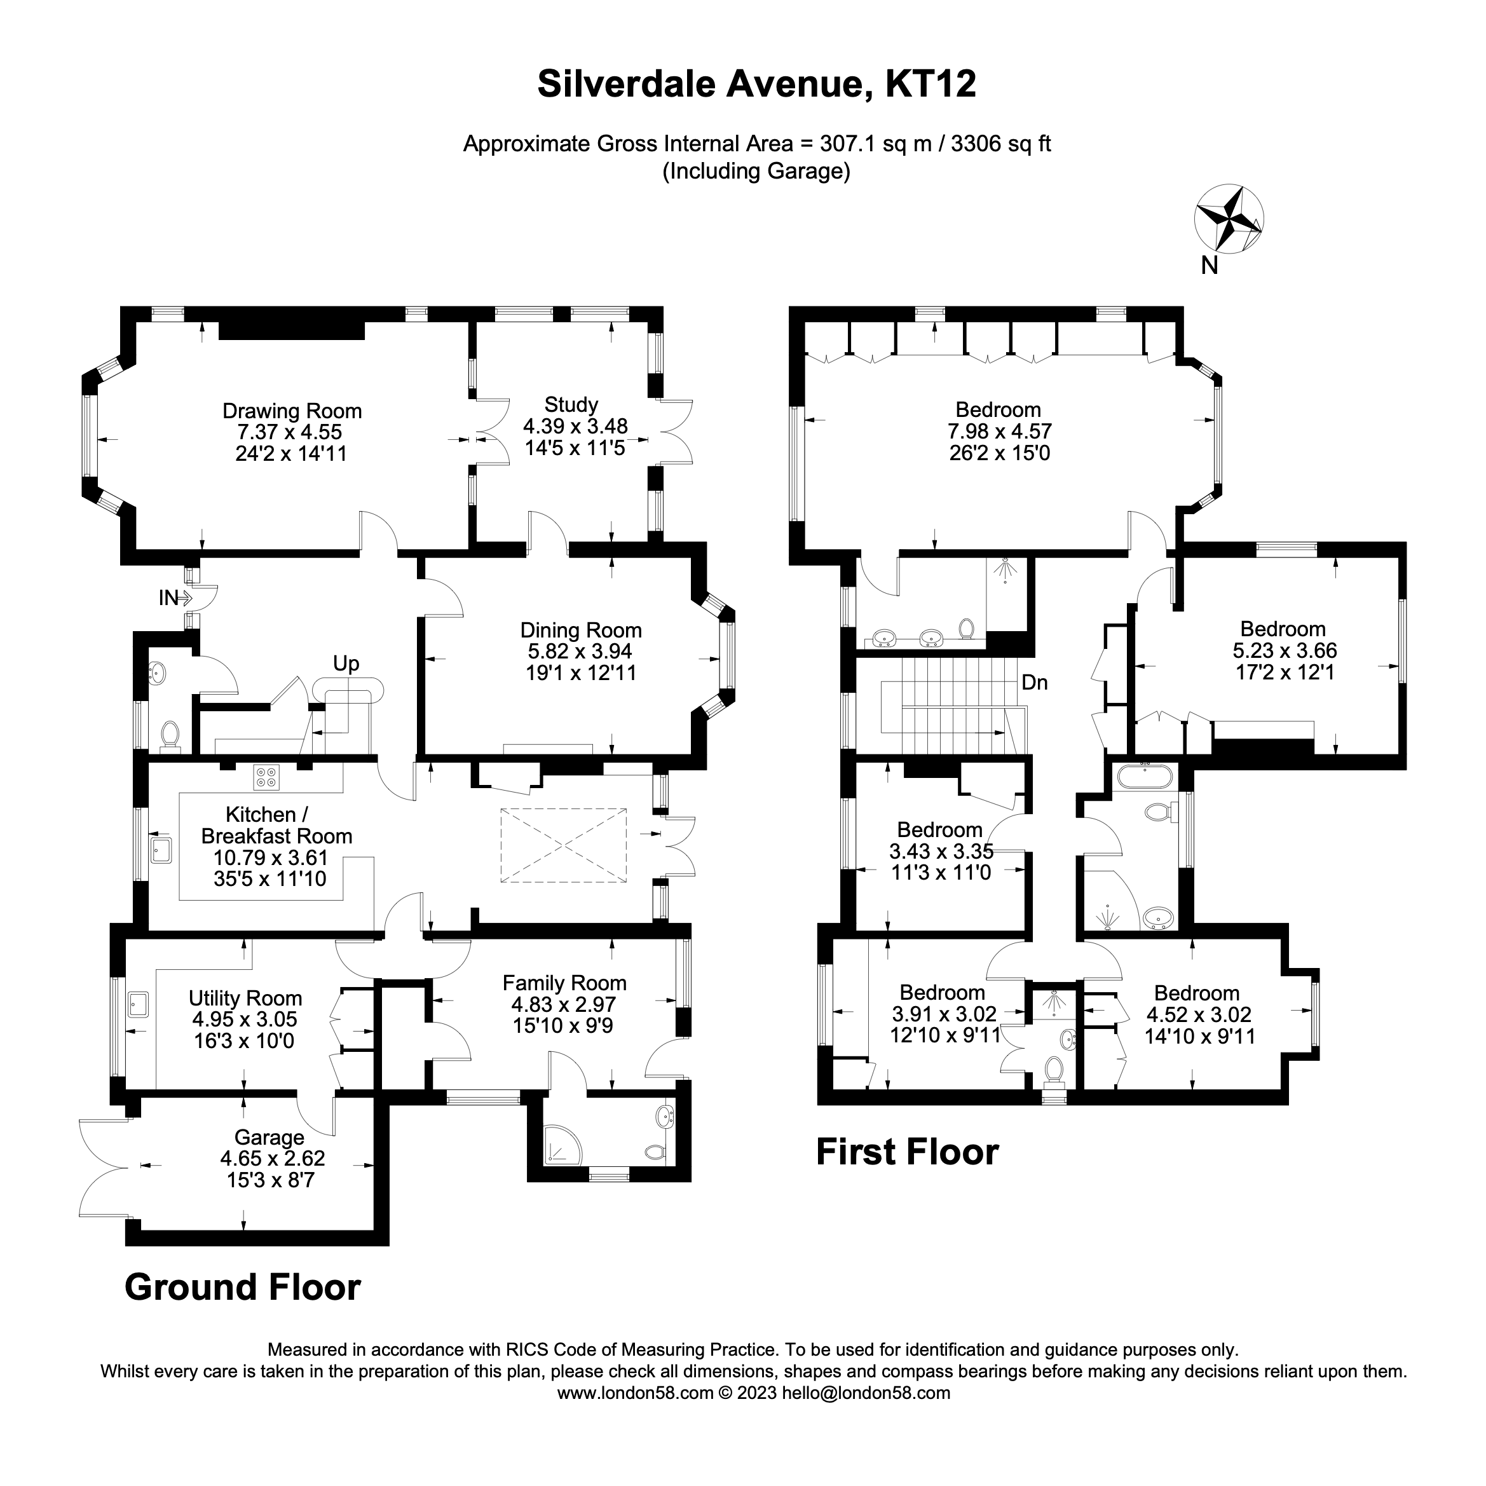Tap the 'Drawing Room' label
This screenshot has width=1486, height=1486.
point(292,411)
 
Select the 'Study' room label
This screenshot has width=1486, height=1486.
point(571,405)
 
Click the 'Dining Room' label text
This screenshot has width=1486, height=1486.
point(581,630)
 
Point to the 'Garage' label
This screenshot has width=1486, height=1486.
point(269,1137)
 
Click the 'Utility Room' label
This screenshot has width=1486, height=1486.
point(245,999)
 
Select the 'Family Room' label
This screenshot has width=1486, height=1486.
point(564,983)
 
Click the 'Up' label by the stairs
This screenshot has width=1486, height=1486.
point(346,663)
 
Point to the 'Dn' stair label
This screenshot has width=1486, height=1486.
point(1035,682)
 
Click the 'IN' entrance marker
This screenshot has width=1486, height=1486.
point(168,597)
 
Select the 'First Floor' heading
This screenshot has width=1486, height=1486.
point(907,1152)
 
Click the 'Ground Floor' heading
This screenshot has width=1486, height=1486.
point(242,1288)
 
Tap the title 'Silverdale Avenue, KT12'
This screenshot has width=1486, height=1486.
point(757,84)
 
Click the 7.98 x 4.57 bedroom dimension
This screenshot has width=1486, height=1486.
point(999,432)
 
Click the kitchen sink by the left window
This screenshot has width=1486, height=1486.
point(161,850)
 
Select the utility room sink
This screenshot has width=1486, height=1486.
point(139,1004)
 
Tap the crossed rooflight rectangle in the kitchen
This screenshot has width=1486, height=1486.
point(564,845)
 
